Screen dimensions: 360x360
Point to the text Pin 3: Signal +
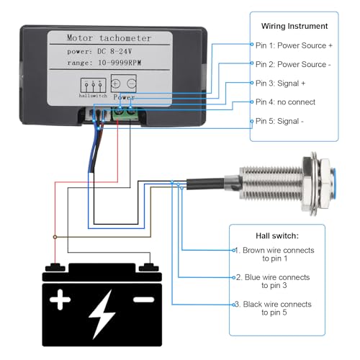point(282,83)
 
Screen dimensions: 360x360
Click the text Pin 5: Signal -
point(280,121)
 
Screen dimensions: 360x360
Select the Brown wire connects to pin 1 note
point(276,254)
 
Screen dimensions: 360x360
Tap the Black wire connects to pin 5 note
point(275,309)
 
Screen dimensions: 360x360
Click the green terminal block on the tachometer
point(124,110)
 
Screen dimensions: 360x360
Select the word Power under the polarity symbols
point(125,95)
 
